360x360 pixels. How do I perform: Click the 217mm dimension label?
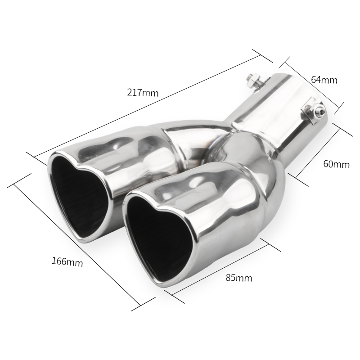tap(143, 93)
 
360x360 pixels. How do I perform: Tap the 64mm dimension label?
tap(324, 80)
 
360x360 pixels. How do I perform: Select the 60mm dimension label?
tap(336, 164)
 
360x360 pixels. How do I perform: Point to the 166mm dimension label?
tap(67, 261)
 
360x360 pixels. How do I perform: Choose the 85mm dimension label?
tap(238, 278)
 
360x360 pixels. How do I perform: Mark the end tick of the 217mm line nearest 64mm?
tap(263, 56)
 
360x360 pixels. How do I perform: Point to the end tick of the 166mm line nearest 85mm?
tap(144, 303)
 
